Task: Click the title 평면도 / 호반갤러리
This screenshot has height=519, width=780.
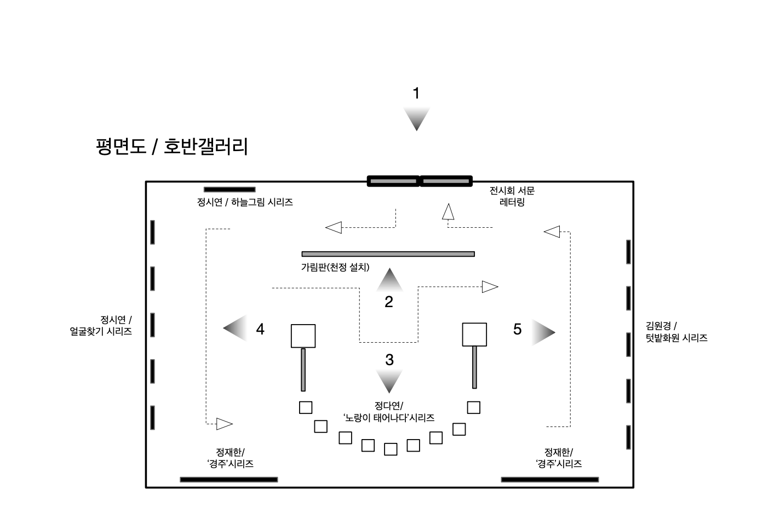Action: pos(171,147)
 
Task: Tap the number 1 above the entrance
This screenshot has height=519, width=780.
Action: pos(416,94)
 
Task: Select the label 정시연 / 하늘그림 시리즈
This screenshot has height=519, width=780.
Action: pos(245,203)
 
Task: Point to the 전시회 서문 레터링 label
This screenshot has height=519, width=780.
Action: pos(512,197)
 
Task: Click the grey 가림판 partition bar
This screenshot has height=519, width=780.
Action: pos(388,254)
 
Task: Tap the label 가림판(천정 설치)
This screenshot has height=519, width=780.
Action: pos(335,268)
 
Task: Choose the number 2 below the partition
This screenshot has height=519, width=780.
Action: pos(389,302)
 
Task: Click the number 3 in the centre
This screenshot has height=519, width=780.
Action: pos(389,360)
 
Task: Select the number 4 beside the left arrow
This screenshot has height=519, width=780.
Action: pos(260,329)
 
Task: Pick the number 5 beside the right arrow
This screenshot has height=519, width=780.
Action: pos(517,329)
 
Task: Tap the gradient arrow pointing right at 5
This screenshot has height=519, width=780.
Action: pos(543,332)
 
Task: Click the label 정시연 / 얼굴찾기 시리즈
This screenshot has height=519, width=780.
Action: pos(102,326)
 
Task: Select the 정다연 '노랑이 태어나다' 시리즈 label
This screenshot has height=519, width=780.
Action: pos(389,412)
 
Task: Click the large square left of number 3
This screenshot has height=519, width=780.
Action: pos(303,336)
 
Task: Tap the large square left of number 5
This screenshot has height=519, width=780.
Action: pos(474,335)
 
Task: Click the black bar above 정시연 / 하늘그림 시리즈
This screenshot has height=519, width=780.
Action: pos(230,189)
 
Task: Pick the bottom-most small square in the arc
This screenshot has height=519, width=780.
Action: pos(391,449)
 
